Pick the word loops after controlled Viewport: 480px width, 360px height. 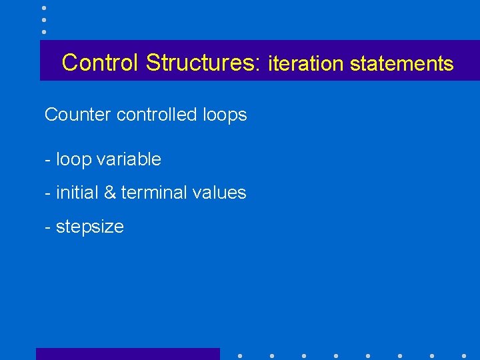click(224, 115)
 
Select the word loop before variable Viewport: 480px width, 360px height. click(73, 160)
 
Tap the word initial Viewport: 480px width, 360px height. click(76, 193)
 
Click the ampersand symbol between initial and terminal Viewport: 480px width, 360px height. click(108, 193)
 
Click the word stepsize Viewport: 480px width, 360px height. click(89, 227)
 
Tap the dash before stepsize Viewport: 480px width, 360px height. click(47, 227)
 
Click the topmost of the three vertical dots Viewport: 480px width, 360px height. click(44, 8)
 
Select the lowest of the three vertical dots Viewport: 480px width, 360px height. click(44, 31)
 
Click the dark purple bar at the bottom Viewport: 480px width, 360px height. click(127, 354)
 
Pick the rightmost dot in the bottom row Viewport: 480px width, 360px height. click(464, 355)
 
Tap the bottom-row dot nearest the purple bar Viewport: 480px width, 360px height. click(239, 355)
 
